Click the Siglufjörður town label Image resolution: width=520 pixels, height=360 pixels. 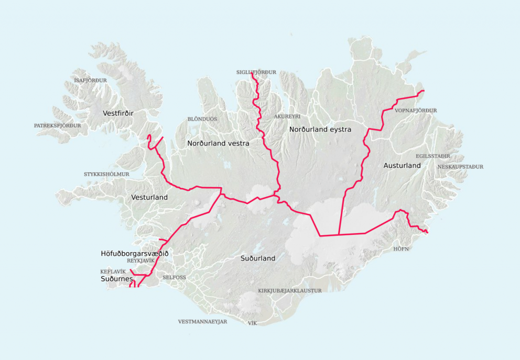(256, 72)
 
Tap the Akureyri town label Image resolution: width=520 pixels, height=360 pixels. (287, 116)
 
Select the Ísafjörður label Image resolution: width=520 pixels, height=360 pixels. (90, 80)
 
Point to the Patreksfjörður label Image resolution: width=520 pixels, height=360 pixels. (57, 126)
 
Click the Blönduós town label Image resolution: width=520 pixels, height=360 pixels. (202, 119)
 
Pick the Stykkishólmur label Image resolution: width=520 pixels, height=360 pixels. (106, 174)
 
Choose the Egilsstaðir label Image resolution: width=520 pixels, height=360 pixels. (433, 156)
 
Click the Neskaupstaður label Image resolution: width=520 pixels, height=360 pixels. (460, 167)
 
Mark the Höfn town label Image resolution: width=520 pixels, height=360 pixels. (400, 249)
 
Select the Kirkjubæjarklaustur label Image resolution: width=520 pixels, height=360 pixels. (290, 290)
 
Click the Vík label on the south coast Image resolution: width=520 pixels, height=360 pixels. (252, 323)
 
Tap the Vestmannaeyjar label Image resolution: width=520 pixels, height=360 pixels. (202, 322)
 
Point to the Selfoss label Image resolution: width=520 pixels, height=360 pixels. (174, 277)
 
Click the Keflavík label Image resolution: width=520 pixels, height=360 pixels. (113, 271)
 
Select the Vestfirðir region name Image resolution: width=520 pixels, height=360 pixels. (118, 113)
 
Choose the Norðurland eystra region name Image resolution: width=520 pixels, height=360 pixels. (320, 129)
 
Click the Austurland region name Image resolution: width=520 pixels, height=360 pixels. (402, 165)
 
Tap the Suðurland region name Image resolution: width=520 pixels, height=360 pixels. (258, 258)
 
